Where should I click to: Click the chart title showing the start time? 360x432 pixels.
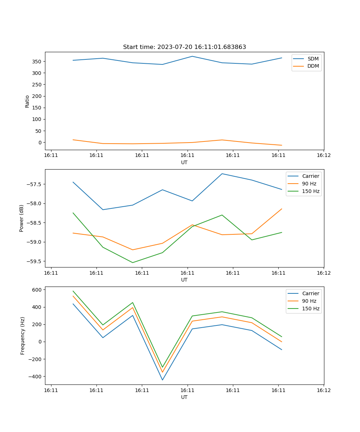(184, 47)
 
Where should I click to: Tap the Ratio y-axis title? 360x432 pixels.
(27, 101)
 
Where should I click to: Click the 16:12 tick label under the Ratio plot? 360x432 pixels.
(323, 156)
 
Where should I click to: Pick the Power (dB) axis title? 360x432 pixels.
(22, 218)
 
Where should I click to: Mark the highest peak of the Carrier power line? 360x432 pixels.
(222, 174)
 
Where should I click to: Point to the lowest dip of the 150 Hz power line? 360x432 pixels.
(132, 262)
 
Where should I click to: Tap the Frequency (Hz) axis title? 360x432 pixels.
(23, 336)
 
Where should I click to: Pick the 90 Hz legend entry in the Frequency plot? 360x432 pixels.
(309, 301)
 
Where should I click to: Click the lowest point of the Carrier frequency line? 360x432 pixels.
(162, 380)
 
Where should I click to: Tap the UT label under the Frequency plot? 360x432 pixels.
(184, 397)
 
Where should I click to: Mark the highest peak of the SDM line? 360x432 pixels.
(192, 56)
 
